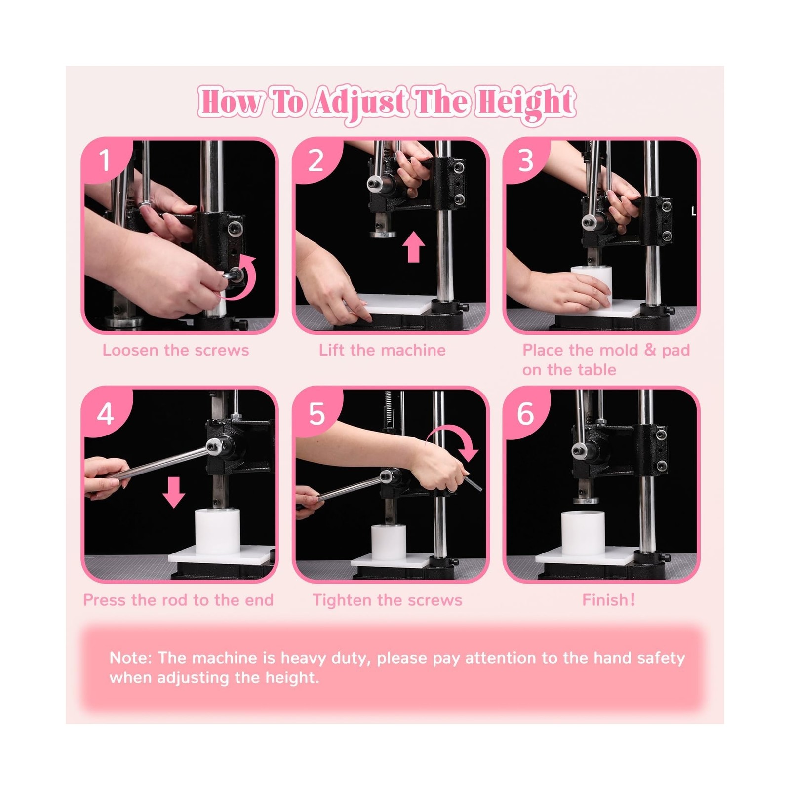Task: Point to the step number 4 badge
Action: pos(105,413)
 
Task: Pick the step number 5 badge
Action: pos(316,413)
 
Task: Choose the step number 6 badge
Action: pos(526,413)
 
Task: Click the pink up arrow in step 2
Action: pos(414,247)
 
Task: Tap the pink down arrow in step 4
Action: pos(174,492)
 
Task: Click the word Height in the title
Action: pos(525,103)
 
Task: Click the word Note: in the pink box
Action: pos(131,658)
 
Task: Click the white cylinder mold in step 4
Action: pos(218,531)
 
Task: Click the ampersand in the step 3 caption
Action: pos(650,350)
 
